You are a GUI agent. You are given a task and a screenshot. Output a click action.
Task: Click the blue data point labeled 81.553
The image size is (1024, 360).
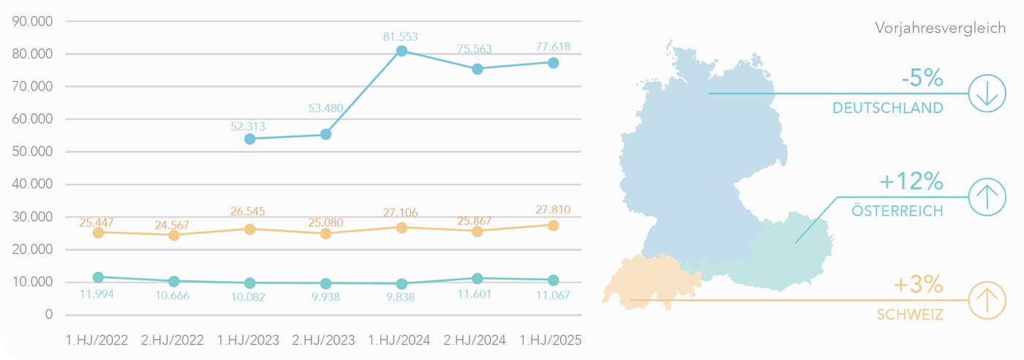tap(402, 51)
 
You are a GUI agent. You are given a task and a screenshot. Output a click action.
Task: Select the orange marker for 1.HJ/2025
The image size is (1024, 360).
tap(553, 225)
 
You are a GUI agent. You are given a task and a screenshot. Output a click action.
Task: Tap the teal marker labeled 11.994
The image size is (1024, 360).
tap(98, 277)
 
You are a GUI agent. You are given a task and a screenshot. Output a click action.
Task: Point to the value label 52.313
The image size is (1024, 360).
tap(248, 126)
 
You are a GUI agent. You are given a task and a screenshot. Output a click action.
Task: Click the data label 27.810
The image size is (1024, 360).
tap(553, 210)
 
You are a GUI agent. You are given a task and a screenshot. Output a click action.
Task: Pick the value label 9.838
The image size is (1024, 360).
tap(402, 297)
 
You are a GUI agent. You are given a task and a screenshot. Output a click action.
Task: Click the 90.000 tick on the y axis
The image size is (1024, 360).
tap(34, 21)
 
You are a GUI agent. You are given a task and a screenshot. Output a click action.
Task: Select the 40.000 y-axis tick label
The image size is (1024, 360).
tap(34, 184)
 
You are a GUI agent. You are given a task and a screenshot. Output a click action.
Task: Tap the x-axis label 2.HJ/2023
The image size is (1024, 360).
tap(324, 340)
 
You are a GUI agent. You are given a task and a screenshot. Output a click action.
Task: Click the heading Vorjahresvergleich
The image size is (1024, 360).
tap(940, 28)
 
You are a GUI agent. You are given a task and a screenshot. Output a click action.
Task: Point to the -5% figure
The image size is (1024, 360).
tap(922, 78)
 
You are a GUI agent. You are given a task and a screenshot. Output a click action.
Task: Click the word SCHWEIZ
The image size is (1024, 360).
tap(910, 315)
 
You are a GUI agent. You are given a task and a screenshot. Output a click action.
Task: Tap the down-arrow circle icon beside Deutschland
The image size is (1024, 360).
tap(987, 94)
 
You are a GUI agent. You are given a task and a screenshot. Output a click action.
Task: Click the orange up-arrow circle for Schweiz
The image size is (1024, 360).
tap(987, 301)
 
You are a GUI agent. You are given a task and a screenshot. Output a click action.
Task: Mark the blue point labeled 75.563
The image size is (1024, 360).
tap(478, 69)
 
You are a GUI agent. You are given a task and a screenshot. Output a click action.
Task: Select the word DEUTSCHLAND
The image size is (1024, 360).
tap(887, 108)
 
